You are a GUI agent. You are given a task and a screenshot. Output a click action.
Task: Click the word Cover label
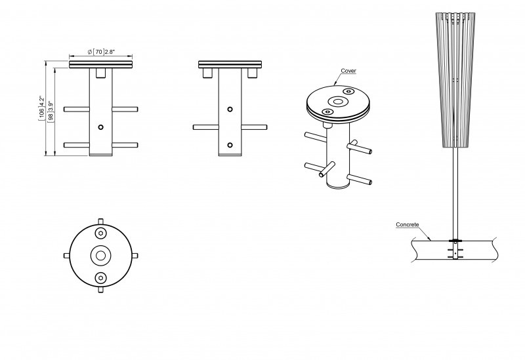click(x=348, y=70)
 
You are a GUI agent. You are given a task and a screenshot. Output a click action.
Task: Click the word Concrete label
click(x=408, y=224)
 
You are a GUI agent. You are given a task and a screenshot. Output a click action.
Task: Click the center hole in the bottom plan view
click(x=101, y=255)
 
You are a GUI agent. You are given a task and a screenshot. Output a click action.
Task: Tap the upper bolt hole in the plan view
click(x=101, y=233)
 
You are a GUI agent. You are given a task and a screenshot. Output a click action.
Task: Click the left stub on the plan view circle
click(x=67, y=255)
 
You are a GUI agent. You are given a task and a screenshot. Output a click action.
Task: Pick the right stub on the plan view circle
click(x=135, y=255)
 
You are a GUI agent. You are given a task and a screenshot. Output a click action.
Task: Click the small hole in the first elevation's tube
click(x=100, y=126)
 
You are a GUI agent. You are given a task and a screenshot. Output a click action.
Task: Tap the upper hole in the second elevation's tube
click(x=230, y=109)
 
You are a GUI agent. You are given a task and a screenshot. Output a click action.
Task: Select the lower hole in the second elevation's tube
click(x=230, y=144)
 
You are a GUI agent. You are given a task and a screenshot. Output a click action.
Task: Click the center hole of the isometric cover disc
click(x=339, y=102)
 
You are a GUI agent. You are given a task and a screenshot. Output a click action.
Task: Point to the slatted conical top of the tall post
click(x=454, y=79)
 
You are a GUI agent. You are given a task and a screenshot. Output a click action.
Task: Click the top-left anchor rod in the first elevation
click(x=76, y=108)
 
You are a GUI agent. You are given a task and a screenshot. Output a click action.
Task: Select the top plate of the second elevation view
click(x=230, y=64)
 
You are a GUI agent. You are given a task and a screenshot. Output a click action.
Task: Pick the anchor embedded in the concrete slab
click(x=455, y=251)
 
